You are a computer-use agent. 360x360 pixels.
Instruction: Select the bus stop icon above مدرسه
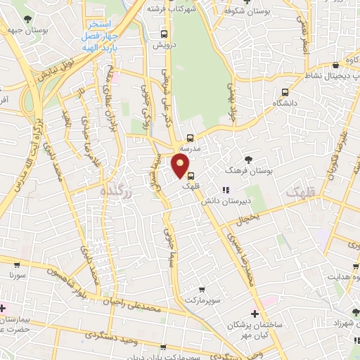pos(191,138)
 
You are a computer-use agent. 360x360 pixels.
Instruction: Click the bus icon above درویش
pos(164,33)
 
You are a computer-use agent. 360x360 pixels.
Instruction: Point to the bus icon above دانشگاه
pos(285,91)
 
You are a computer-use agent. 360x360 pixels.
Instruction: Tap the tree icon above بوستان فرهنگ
pos(247,160)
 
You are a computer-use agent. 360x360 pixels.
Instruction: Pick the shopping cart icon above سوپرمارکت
pos(202,290)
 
